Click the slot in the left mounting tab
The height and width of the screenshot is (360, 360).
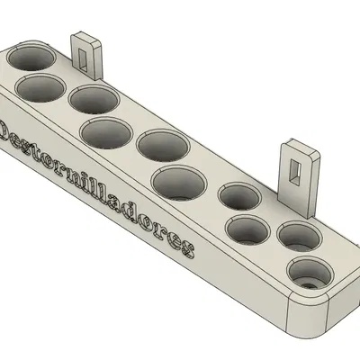84,53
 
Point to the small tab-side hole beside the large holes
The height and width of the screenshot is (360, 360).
238,197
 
